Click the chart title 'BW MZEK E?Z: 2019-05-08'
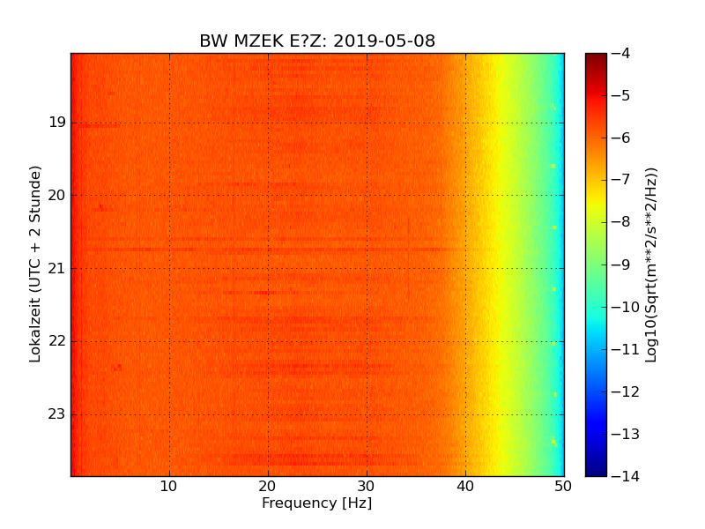coord(317,41)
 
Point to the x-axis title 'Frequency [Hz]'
coord(316,503)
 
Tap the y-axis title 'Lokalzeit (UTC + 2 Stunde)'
coord(36,264)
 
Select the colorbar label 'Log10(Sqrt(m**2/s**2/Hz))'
coord(651,264)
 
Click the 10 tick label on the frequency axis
coord(169,486)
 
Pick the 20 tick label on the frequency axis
coord(268,486)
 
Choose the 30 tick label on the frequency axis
coord(367,486)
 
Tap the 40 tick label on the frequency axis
coord(465,486)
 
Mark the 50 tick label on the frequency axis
coord(563,486)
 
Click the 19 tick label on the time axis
coord(57,123)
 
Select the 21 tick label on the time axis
coord(57,268)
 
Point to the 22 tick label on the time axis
coord(57,341)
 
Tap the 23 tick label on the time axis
coord(57,414)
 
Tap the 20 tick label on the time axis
coord(57,196)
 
